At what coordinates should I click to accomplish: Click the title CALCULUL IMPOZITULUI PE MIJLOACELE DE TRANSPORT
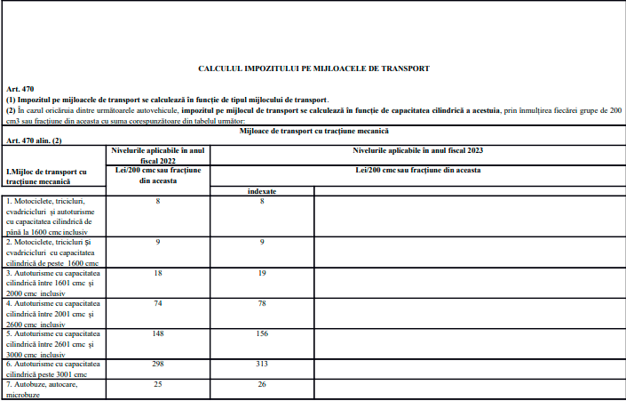click(313, 68)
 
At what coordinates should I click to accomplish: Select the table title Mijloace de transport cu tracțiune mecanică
click(314, 132)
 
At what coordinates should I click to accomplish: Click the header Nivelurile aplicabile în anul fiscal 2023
click(417, 150)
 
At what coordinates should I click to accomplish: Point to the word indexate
click(263, 191)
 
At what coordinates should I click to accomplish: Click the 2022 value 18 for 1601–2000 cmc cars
click(158, 275)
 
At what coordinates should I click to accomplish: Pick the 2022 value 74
click(158, 303)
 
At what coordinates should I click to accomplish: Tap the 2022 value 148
click(158, 334)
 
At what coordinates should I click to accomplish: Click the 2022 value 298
click(158, 364)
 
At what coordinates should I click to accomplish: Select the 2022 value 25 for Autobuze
click(158, 384)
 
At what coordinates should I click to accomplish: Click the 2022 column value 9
click(158, 241)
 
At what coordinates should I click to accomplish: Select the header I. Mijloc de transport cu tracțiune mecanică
click(46, 175)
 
